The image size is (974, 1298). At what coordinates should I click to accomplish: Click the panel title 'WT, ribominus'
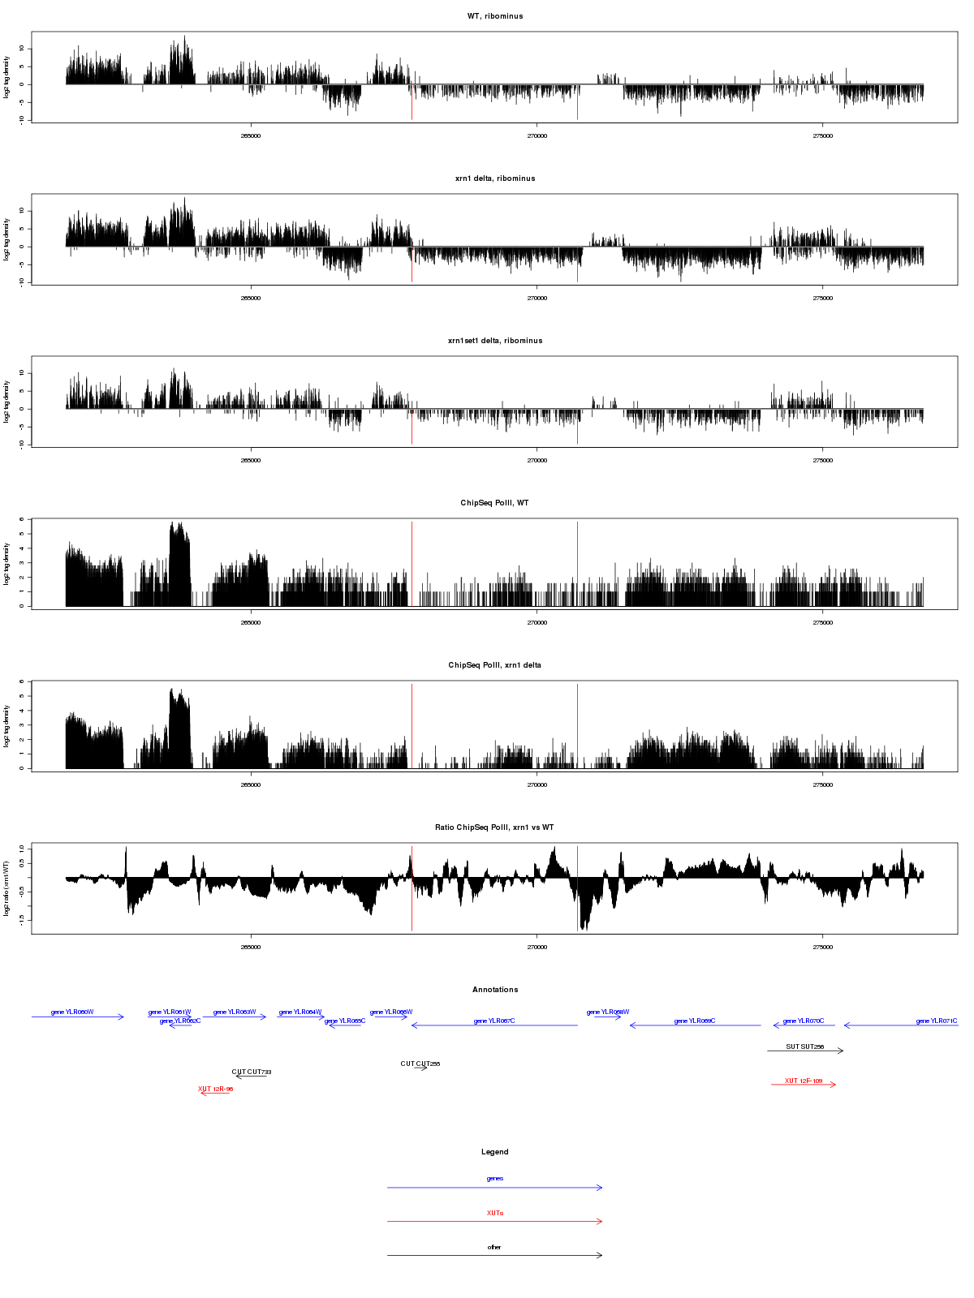point(495,16)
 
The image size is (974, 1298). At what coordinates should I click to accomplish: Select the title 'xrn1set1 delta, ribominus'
point(495,341)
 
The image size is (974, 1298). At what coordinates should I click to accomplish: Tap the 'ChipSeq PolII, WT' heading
point(494,503)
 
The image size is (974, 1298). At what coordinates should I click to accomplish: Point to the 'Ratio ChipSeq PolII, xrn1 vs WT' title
point(494,827)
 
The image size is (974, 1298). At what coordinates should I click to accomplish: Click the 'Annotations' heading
point(495,990)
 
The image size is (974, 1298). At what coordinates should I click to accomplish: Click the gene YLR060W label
point(72,1012)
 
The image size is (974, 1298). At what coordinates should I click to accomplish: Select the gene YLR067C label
point(494,1021)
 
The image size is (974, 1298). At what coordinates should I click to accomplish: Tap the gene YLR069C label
point(695,1021)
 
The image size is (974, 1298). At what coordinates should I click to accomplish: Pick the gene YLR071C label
point(937,1021)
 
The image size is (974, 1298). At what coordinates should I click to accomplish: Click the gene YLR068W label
point(608,1012)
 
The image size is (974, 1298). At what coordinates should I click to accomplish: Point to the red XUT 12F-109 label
point(804,1081)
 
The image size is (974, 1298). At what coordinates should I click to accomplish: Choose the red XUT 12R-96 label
point(216,1089)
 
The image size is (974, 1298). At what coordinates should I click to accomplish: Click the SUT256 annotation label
point(805,1047)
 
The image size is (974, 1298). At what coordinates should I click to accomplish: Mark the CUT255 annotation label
point(420,1064)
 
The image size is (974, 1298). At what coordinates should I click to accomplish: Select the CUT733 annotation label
point(252,1072)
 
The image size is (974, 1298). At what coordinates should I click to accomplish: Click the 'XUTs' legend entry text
point(495,1213)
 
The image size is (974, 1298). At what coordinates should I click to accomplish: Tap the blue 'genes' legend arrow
point(495,1188)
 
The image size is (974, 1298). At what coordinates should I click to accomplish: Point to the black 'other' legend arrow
point(495,1255)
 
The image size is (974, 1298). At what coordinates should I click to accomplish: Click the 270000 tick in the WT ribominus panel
point(537,136)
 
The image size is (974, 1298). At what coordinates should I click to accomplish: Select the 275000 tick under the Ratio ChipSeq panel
point(822,948)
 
